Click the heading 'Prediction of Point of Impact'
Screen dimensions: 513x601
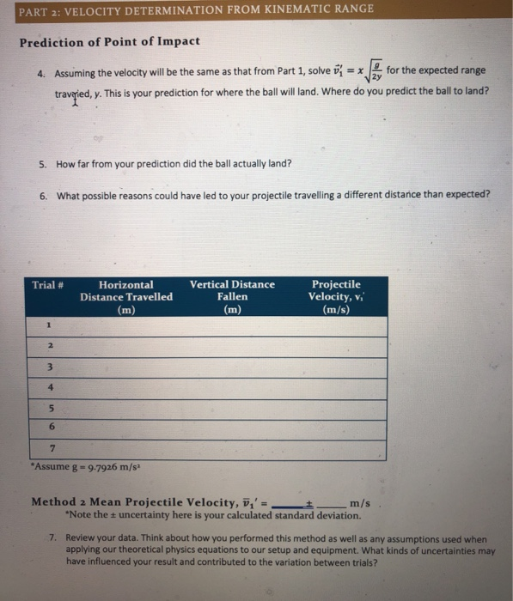(x=109, y=41)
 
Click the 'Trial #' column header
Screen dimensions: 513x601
(x=49, y=285)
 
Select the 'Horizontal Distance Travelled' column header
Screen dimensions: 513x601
(x=126, y=296)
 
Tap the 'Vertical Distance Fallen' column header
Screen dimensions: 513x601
(x=232, y=296)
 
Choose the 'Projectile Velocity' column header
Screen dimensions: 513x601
(x=336, y=296)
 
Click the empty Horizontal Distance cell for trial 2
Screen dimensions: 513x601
(x=126, y=346)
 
